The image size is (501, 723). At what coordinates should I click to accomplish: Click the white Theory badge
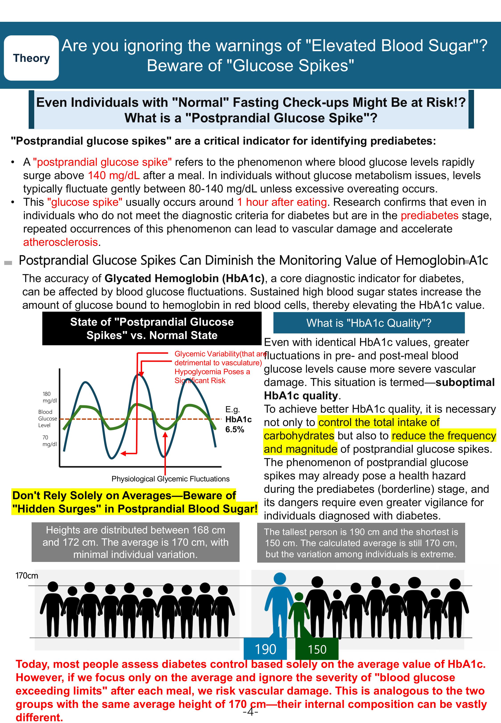point(31,58)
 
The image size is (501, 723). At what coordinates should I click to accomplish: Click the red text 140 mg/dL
point(114,175)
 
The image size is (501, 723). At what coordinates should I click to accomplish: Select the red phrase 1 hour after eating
point(282,202)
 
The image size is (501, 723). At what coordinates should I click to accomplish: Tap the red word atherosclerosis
point(60,242)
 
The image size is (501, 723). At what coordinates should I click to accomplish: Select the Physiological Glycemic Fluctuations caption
point(171,479)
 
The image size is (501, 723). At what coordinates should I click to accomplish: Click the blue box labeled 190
point(265,649)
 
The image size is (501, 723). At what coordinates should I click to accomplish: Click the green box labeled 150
point(317,649)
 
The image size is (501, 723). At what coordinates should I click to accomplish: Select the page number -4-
point(250,712)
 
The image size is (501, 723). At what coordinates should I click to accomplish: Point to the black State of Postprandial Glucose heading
point(152,329)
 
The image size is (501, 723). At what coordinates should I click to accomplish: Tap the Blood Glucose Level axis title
point(47,419)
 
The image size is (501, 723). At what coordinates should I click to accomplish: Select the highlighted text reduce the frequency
point(444,436)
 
